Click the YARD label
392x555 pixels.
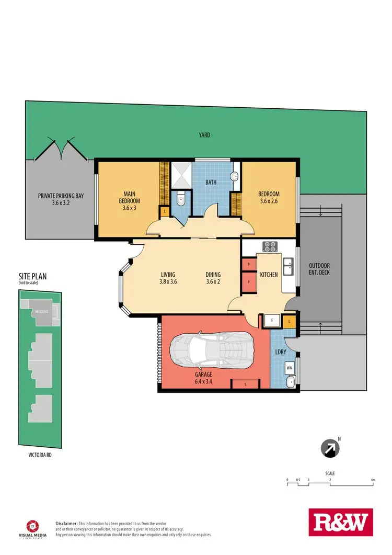(x=204, y=135)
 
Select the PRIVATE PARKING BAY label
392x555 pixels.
(x=61, y=200)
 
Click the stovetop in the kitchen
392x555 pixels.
(x=270, y=246)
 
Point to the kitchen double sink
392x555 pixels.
(x=287, y=266)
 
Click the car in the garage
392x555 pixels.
(x=213, y=353)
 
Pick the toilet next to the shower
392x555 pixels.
(x=181, y=199)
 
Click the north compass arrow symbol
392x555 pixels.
(x=330, y=448)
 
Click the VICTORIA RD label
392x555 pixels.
(x=40, y=456)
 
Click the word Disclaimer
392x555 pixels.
(x=66, y=523)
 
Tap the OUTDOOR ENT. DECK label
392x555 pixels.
(x=319, y=268)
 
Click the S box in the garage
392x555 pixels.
(x=246, y=385)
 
